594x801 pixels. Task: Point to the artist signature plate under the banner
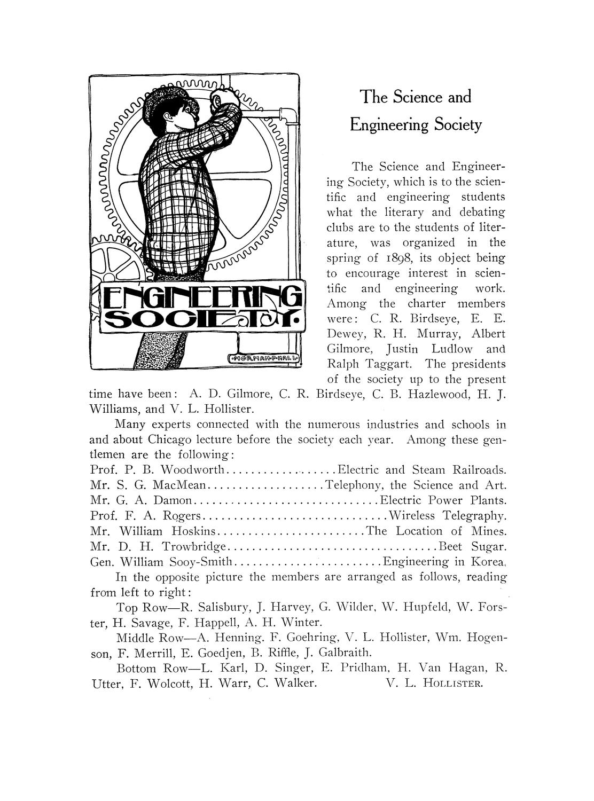click(x=265, y=359)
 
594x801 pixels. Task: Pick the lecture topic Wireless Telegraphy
click(x=448, y=516)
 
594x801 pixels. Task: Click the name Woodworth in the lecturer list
click(x=195, y=470)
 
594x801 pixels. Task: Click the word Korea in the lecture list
click(x=488, y=562)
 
